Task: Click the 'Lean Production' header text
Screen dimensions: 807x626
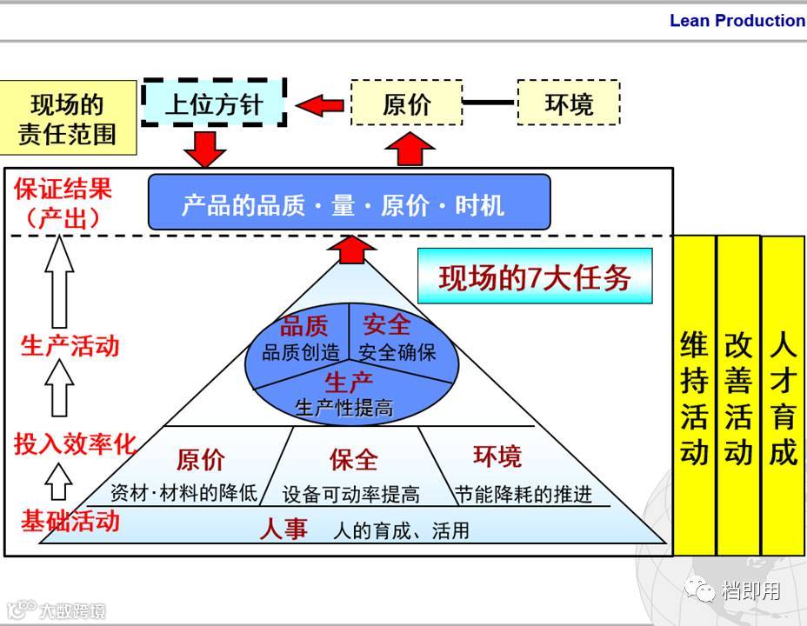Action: coord(737,21)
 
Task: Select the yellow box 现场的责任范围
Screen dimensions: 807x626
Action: coord(67,118)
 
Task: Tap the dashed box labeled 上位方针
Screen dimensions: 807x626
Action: coord(213,104)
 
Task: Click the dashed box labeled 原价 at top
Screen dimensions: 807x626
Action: coord(406,104)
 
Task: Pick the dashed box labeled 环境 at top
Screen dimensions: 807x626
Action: coord(569,104)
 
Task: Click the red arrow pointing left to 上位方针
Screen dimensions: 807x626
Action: coord(319,105)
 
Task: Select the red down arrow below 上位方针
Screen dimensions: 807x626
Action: coord(205,148)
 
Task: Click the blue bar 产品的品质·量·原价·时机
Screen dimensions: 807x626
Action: coord(349,203)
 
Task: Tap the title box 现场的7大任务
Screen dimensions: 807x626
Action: coord(534,277)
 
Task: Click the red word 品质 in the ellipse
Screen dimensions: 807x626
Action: coord(303,326)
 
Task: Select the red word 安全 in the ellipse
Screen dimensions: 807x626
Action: coord(387,324)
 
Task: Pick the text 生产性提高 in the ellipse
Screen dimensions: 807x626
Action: coord(344,407)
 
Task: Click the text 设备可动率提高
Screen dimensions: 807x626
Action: coord(350,495)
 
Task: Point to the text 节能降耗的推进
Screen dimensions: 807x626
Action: coord(524,494)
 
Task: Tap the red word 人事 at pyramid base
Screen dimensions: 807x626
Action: coord(283,528)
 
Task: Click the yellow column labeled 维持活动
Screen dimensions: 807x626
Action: coord(694,396)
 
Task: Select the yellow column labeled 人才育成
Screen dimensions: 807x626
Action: coord(783,396)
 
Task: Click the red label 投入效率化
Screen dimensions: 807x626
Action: coord(75,443)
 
